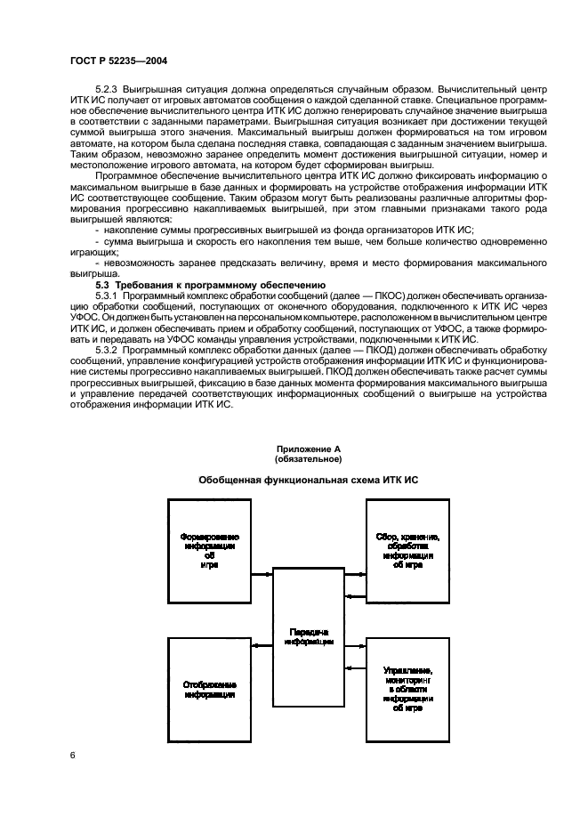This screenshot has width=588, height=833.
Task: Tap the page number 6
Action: [72, 756]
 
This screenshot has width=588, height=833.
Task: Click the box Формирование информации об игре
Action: [210, 551]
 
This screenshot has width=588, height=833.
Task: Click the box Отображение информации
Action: [210, 690]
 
